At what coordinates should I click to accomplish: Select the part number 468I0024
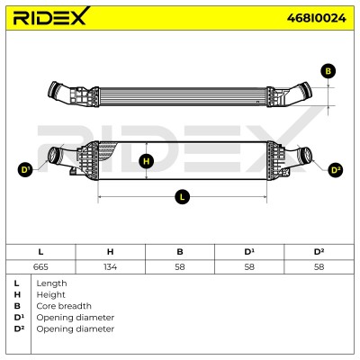(x=316, y=18)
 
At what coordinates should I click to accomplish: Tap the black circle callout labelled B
(x=328, y=71)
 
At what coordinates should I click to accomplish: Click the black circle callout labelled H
(x=146, y=161)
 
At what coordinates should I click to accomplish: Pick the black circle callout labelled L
(x=183, y=197)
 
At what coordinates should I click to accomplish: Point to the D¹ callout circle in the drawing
(x=25, y=170)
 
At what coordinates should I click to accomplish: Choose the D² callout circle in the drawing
(x=336, y=170)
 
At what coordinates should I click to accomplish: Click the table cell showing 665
(x=40, y=266)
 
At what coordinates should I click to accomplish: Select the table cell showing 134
(x=110, y=266)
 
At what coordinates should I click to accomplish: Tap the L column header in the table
(x=40, y=252)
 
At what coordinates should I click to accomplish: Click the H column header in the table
(x=110, y=252)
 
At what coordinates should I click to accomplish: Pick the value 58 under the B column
(x=180, y=266)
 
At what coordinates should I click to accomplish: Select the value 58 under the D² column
(x=319, y=266)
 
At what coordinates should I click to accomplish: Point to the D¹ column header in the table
(x=249, y=252)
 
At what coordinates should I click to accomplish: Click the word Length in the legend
(x=51, y=283)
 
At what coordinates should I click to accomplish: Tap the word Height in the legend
(x=50, y=295)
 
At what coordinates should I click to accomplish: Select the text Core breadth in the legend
(x=64, y=306)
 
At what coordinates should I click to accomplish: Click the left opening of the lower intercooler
(x=54, y=155)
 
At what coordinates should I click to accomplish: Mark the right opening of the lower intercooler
(x=306, y=155)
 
